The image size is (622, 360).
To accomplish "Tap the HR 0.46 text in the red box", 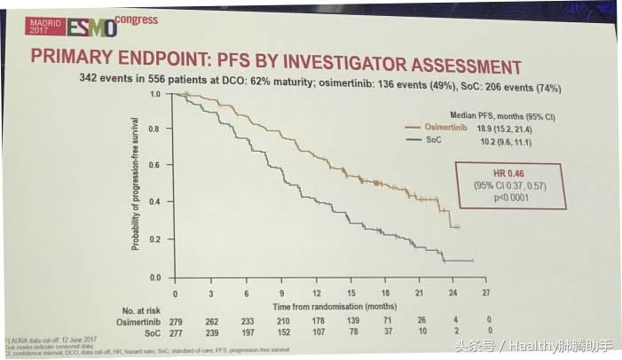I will coord(498,172).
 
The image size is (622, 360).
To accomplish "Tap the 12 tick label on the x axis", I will coord(316,292).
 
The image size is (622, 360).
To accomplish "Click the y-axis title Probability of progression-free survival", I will coord(138,186).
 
